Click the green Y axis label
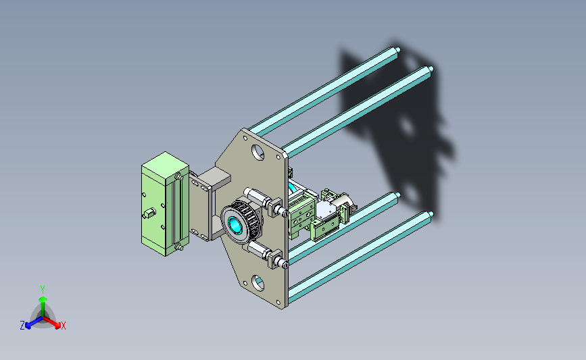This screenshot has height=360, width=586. click(43, 290)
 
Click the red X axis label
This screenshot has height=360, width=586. click(63, 326)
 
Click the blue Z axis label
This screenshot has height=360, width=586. click(22, 326)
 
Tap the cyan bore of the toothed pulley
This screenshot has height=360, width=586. click(235, 225)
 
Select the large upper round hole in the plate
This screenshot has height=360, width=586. click(258, 152)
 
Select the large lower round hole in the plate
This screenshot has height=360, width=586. click(258, 283)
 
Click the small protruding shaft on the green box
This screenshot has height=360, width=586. click(149, 213)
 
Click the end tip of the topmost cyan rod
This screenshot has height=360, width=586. click(398, 49)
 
